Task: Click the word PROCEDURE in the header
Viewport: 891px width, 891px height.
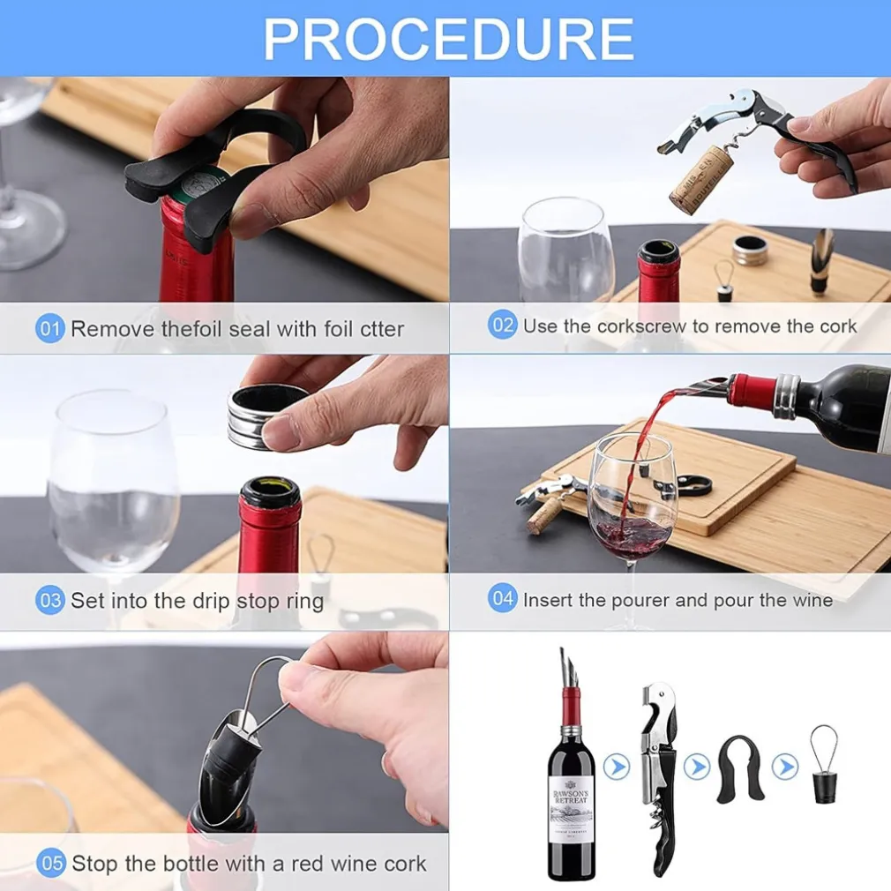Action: pyautogui.click(x=448, y=39)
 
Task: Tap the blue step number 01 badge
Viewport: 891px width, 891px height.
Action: pyautogui.click(x=49, y=328)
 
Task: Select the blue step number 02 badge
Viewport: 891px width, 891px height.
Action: pyautogui.click(x=502, y=325)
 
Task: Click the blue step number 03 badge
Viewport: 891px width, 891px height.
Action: pyautogui.click(x=49, y=600)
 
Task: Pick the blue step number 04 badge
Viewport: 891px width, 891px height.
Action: pyautogui.click(x=502, y=598)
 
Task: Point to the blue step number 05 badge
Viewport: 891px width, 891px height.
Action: pyautogui.click(x=50, y=863)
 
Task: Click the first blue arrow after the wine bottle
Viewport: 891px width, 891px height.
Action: pyautogui.click(x=616, y=767)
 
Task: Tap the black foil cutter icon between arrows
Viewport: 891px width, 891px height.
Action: pyautogui.click(x=740, y=769)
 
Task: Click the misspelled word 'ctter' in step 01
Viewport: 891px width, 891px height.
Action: pyautogui.click(x=382, y=329)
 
